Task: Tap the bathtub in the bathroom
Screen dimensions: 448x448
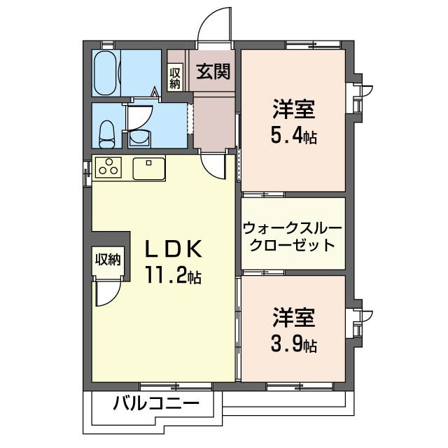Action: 105,73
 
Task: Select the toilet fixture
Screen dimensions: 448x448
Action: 106,134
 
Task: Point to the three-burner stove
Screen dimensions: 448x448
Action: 108,167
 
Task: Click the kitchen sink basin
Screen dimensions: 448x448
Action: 149,169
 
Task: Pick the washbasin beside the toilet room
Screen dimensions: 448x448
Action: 140,139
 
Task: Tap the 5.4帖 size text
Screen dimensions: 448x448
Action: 294,136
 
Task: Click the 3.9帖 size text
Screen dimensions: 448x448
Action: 294,345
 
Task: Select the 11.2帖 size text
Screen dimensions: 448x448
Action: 174,275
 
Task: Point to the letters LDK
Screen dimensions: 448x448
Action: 174,249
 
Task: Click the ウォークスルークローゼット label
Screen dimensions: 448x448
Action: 293,237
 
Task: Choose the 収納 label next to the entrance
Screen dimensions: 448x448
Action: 175,78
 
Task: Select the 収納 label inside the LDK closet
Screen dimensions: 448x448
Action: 108,260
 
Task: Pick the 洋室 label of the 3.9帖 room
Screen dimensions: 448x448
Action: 294,318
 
